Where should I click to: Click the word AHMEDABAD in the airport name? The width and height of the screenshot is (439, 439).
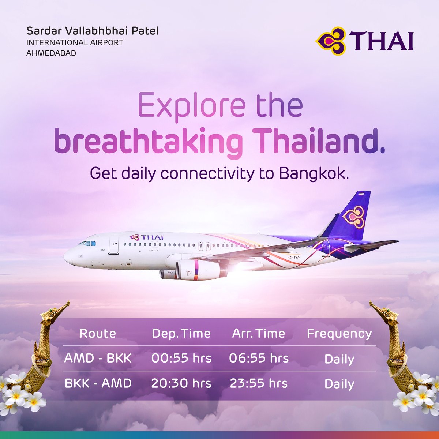click(51, 53)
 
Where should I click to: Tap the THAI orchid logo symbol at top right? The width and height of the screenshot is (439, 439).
click(330, 40)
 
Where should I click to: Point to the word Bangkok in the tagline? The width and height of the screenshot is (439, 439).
click(312, 173)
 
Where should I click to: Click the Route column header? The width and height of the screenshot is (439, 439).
click(98, 333)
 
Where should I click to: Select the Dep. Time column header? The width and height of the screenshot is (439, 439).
click(181, 333)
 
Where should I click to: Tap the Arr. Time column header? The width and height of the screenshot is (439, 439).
click(258, 333)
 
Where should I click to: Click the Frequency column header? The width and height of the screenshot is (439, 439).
click(339, 333)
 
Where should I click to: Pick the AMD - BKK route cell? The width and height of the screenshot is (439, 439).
click(98, 358)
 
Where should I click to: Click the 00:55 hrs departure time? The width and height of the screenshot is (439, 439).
click(181, 358)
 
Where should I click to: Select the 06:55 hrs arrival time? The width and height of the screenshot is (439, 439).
click(259, 358)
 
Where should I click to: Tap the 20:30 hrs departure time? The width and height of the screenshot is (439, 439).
click(181, 383)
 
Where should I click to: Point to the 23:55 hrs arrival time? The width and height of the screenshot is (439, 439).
click(259, 383)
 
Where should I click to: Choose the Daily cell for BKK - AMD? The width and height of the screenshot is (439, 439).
click(339, 384)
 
